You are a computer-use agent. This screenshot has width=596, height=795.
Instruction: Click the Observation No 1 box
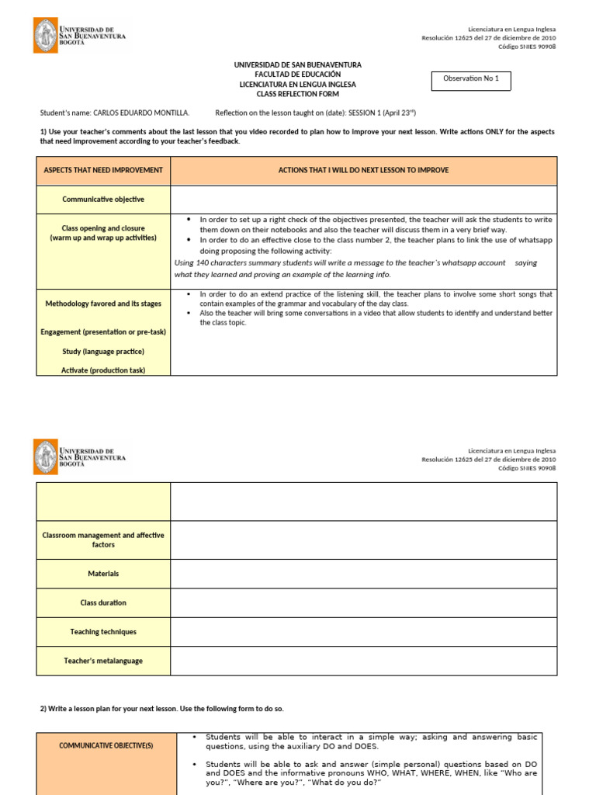tap(471, 79)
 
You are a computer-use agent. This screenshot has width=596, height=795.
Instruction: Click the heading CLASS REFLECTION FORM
tap(297, 94)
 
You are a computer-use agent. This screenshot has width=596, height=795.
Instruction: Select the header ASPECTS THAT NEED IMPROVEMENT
tap(103, 170)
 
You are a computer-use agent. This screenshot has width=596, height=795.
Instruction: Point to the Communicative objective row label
tap(103, 200)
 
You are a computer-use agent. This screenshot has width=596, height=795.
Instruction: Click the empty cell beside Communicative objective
tap(363, 200)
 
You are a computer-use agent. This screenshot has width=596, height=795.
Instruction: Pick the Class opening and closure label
tap(103, 233)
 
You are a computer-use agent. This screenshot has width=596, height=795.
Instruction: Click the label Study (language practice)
tap(103, 352)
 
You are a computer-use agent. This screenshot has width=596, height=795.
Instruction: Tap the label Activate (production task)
tap(103, 370)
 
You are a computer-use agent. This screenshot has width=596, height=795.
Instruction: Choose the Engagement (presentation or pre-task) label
tap(103, 332)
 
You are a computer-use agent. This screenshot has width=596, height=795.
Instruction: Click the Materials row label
tap(103, 574)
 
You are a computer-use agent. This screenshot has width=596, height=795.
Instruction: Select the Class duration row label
tap(103, 602)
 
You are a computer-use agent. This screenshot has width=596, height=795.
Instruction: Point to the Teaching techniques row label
tap(103, 632)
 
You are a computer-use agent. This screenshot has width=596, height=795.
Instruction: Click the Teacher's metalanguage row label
tap(103, 661)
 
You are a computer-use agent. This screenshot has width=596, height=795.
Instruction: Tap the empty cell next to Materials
tap(363, 574)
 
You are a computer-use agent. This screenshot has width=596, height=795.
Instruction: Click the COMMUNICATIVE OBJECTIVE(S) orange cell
tap(106, 746)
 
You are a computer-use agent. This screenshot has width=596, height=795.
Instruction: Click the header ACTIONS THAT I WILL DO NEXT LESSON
tap(363, 170)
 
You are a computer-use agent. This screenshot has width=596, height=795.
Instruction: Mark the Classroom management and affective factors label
tap(103, 540)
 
